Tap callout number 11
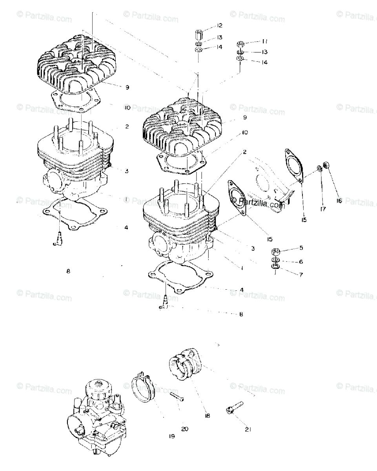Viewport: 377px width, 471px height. coord(265,41)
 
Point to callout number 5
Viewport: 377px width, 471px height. coord(301,248)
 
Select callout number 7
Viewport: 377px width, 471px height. coord(301,274)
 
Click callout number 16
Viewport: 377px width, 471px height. coord(339,201)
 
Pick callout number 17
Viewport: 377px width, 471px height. coord(323,209)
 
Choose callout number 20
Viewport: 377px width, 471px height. coord(184,429)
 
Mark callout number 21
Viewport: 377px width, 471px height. coord(248,429)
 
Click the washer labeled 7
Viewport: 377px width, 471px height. coord(275,268)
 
